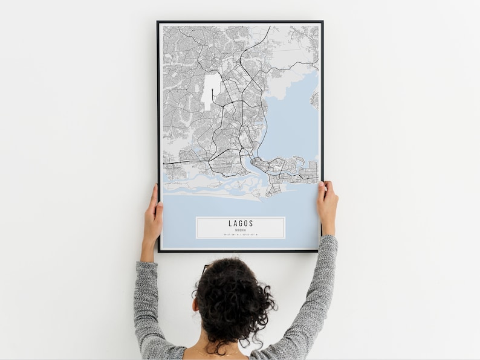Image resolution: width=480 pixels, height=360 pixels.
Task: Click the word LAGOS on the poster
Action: pos(241,223)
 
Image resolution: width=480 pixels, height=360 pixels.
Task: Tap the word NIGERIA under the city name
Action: pos(241,229)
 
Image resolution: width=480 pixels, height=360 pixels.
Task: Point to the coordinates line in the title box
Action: pos(241,234)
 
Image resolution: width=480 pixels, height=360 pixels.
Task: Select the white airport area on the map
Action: pos(211,91)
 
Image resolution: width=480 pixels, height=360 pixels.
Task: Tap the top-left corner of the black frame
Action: pos(158,22)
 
